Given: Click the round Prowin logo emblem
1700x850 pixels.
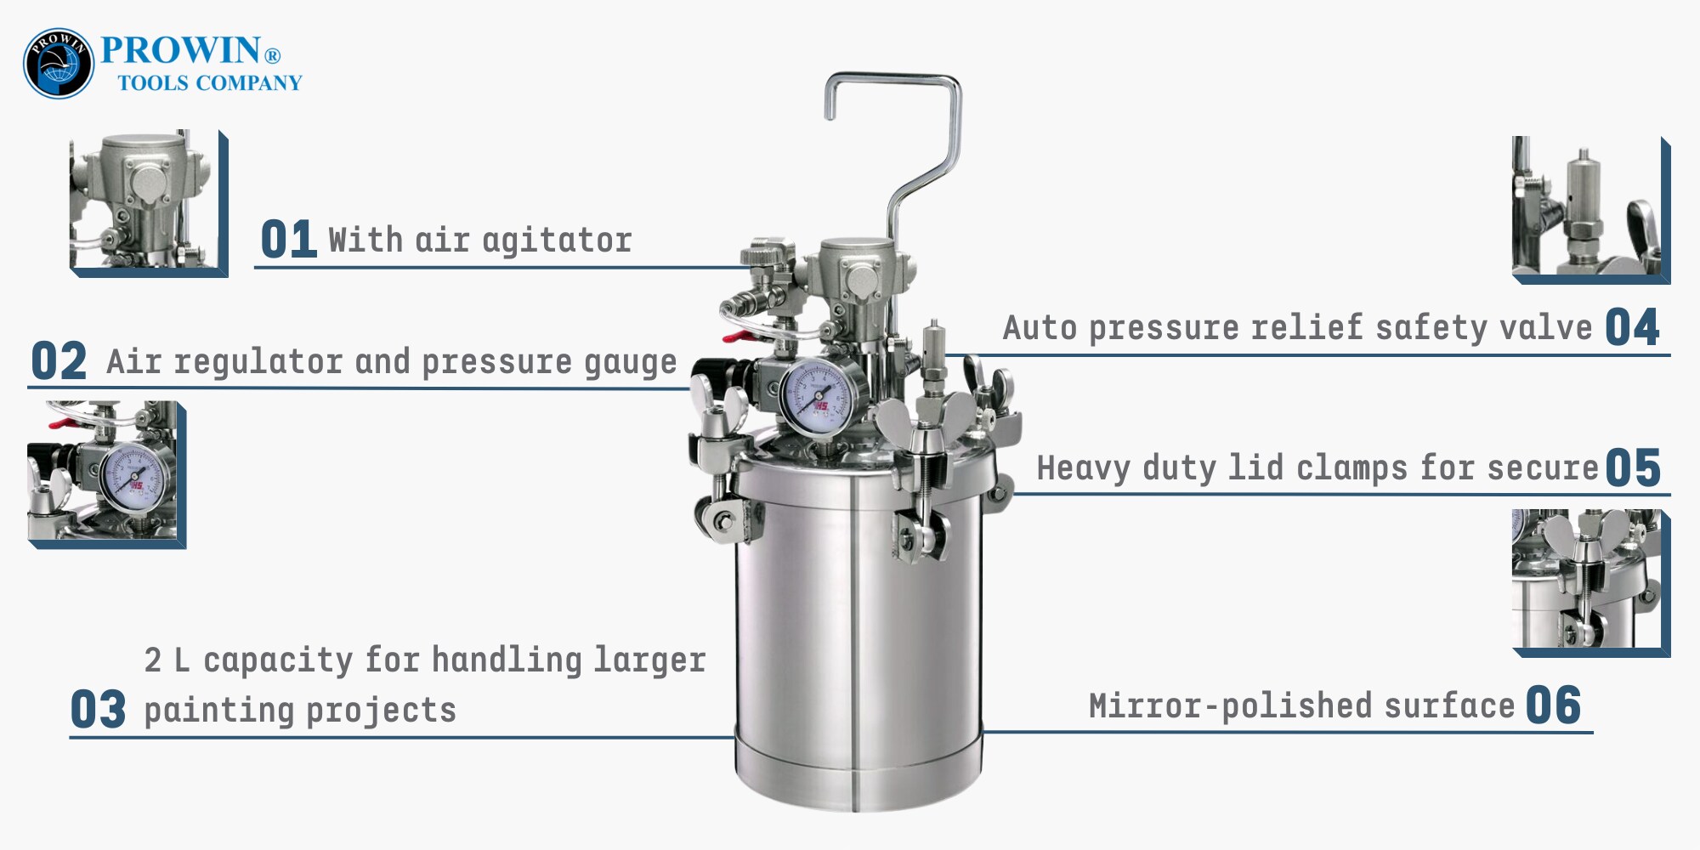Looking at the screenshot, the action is pyautogui.click(x=59, y=64).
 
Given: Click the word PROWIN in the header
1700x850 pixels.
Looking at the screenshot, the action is pyautogui.click(x=180, y=50).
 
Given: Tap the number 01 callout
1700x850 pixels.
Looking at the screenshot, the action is pyautogui.click(x=288, y=239).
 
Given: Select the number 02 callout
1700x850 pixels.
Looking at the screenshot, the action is pyautogui.click(x=59, y=361).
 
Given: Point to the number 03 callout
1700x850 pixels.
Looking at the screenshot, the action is pyautogui.click(x=98, y=710).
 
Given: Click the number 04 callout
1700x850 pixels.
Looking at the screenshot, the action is pyautogui.click(x=1632, y=327).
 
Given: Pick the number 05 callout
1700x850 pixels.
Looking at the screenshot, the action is pyautogui.click(x=1633, y=467).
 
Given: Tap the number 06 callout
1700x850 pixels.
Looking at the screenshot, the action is pyautogui.click(x=1554, y=705).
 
